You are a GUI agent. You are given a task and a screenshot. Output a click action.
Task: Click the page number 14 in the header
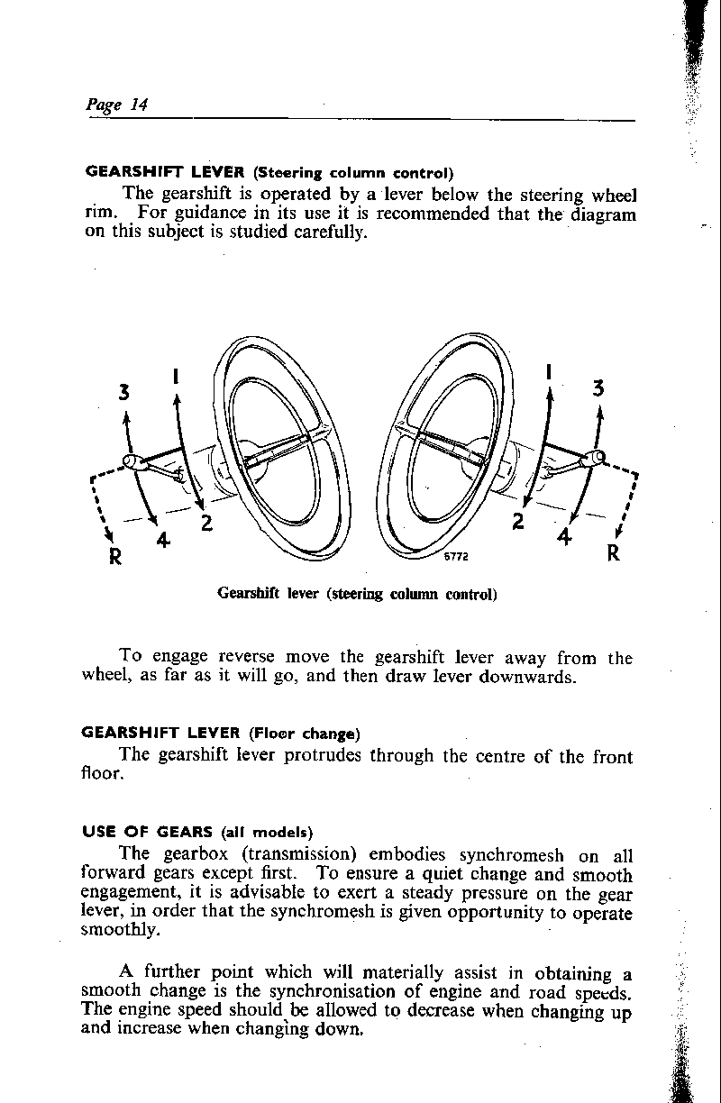pyautogui.click(x=139, y=104)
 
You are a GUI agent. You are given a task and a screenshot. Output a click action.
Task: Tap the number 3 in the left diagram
pyautogui.click(x=124, y=392)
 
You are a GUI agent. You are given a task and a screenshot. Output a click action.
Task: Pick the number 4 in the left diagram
pyautogui.click(x=163, y=541)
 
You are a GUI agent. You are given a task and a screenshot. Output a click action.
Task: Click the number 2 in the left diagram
pyautogui.click(x=206, y=522)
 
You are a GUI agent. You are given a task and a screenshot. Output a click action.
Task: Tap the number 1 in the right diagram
pyautogui.click(x=549, y=371)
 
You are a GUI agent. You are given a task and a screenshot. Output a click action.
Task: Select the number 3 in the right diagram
pyautogui.click(x=598, y=389)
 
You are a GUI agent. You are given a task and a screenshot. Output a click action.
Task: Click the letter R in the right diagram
pyautogui.click(x=613, y=553)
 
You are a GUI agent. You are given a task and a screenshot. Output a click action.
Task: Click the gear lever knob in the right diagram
pyautogui.click(x=596, y=459)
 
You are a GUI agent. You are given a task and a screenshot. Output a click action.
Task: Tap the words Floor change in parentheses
pyautogui.click(x=305, y=731)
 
